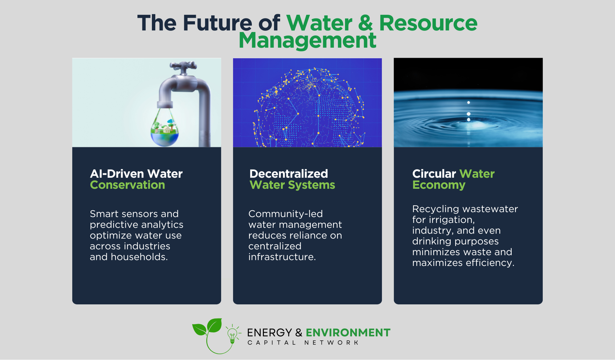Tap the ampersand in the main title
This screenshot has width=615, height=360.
pyautogui.click(x=365, y=23)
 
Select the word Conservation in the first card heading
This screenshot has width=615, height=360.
pyautogui.click(x=128, y=185)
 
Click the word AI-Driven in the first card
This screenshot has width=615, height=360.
pyautogui.click(x=117, y=174)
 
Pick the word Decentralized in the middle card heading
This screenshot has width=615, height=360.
pyautogui.click(x=289, y=174)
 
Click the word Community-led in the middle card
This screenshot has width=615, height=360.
pyautogui.click(x=286, y=214)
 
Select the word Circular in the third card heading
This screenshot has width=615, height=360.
pyautogui.click(x=434, y=174)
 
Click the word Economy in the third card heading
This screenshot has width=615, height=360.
pyautogui.click(x=439, y=185)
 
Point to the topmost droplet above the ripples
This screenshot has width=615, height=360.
pyautogui.click(x=469, y=102)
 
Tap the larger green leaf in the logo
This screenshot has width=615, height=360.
pyautogui.click(x=214, y=325)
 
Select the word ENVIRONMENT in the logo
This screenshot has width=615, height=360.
pyautogui.click(x=348, y=333)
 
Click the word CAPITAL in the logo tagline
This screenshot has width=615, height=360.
pyautogui.click(x=272, y=342)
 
